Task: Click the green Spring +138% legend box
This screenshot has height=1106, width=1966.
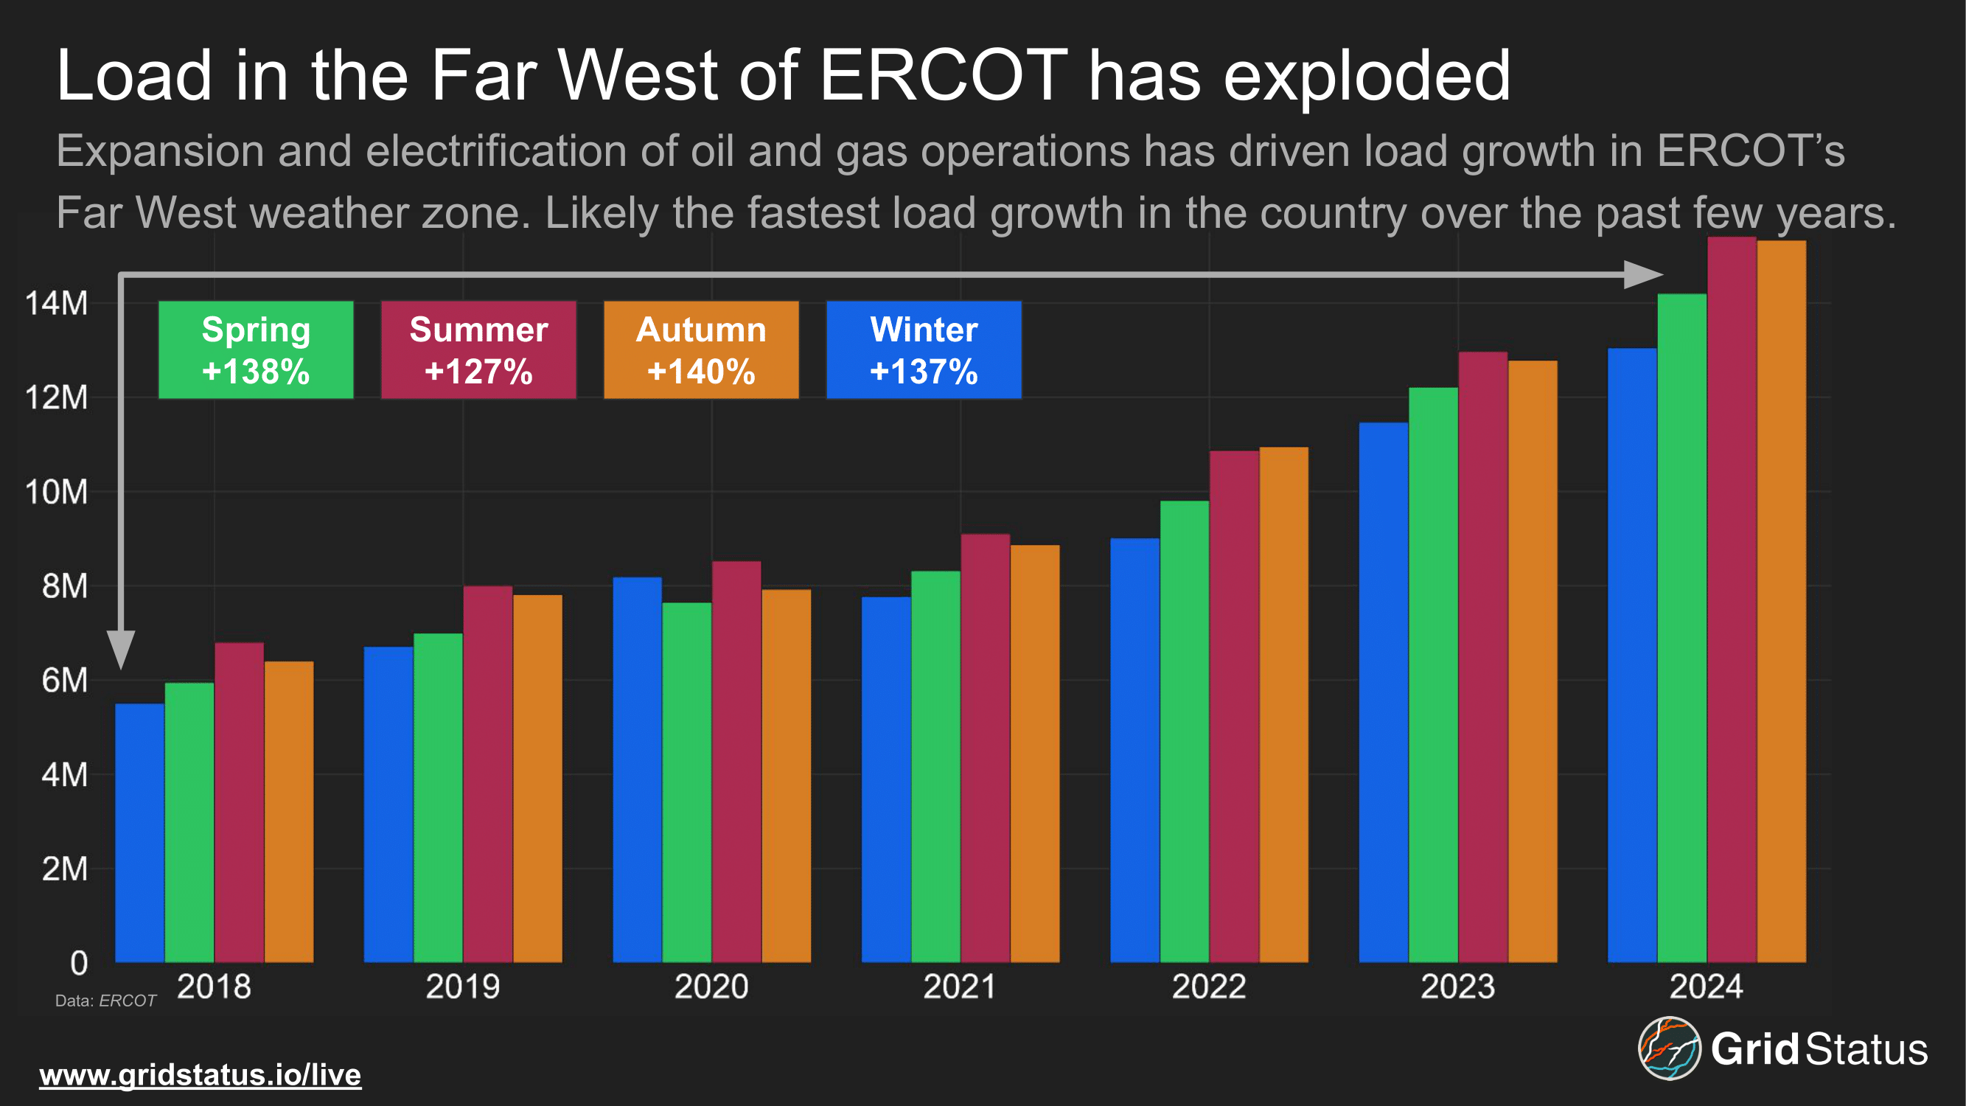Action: (x=256, y=349)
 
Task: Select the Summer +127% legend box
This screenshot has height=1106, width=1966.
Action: (x=478, y=349)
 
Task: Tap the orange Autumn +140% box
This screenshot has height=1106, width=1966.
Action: (x=700, y=349)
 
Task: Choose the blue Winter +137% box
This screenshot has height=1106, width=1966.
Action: (x=924, y=349)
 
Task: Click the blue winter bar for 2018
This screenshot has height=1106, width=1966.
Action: (x=139, y=832)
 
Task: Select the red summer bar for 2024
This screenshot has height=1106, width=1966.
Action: (x=1732, y=599)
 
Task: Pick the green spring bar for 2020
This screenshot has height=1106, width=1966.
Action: (x=687, y=782)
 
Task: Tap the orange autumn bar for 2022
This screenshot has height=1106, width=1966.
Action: (x=1283, y=703)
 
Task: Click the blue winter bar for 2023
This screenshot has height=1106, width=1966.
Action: (x=1384, y=692)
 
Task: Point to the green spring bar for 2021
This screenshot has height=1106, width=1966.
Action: (x=935, y=766)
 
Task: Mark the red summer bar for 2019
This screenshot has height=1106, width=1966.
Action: (x=488, y=774)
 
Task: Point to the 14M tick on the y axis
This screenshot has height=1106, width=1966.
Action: (x=57, y=303)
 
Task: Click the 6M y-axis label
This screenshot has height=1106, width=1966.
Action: (x=65, y=680)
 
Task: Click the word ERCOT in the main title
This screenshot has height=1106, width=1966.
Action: (x=944, y=74)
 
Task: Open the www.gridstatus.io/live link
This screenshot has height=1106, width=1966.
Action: (x=200, y=1075)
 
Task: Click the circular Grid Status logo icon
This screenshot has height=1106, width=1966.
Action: (x=1669, y=1048)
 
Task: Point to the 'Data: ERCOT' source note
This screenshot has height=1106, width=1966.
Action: (x=105, y=1001)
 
